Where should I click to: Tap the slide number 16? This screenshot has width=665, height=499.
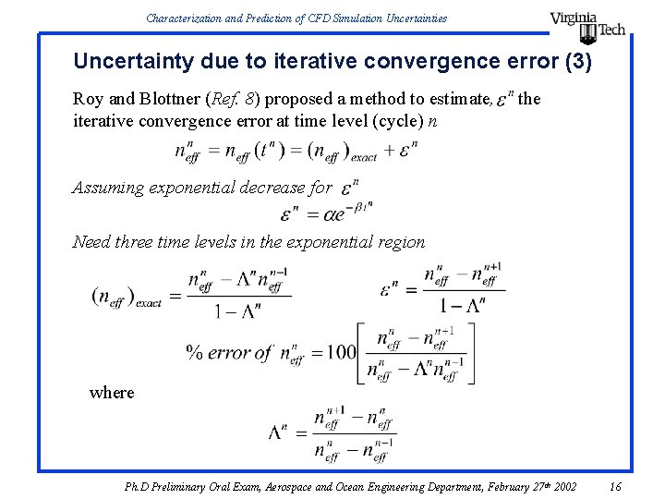616,486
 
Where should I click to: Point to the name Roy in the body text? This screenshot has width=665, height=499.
87,99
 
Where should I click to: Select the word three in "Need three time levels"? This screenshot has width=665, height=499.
138,242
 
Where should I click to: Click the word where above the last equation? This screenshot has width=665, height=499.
112,392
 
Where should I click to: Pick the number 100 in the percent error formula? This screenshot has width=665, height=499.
341,352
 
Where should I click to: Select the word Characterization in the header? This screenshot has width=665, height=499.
177,17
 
